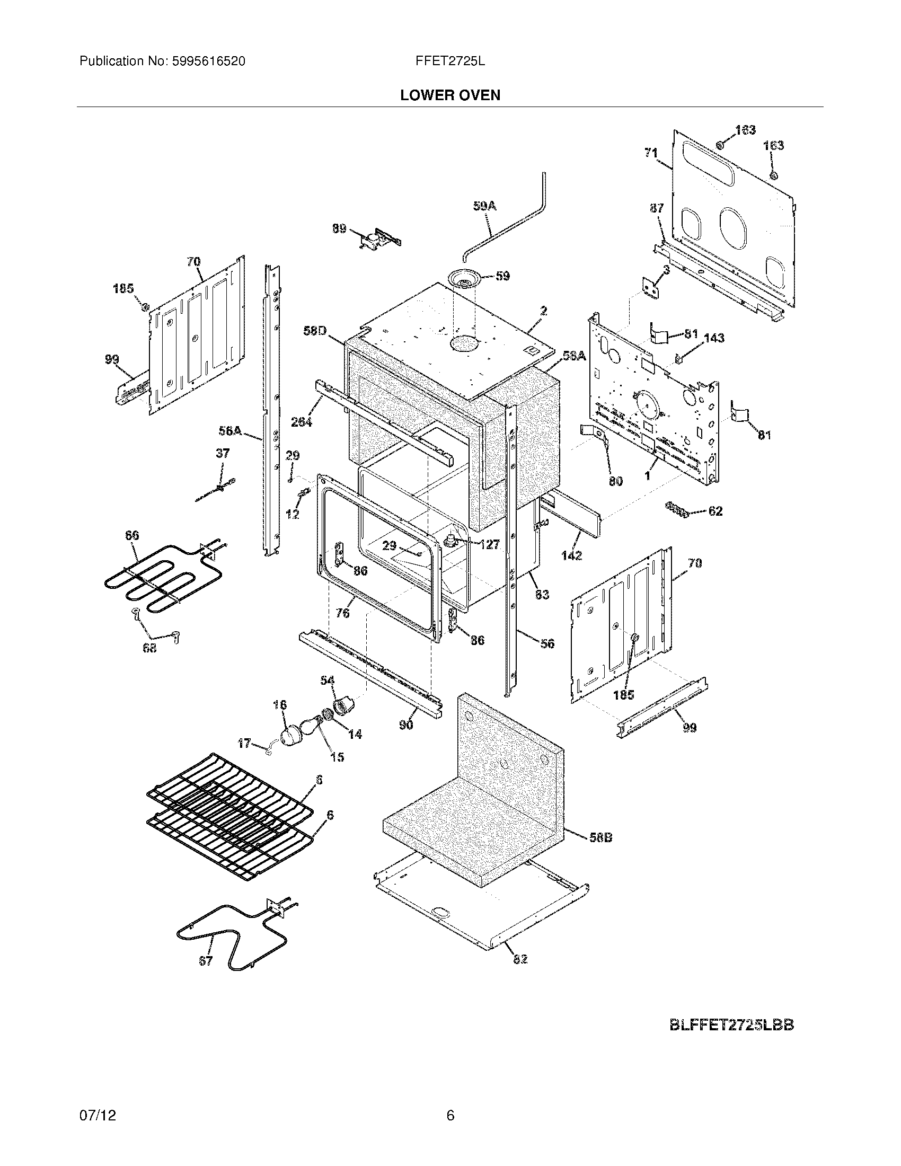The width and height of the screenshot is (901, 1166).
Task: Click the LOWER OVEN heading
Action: (450, 95)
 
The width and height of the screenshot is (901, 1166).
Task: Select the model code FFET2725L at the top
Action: (450, 61)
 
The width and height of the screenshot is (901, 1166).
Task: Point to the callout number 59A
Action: (484, 206)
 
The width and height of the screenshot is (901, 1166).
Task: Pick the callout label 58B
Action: (600, 837)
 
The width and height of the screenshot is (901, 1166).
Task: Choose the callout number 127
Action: (489, 544)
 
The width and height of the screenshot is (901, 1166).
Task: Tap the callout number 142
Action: (571, 555)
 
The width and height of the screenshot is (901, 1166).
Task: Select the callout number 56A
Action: (230, 430)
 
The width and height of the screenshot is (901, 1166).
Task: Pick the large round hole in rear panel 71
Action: (735, 227)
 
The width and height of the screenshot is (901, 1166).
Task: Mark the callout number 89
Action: (339, 229)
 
